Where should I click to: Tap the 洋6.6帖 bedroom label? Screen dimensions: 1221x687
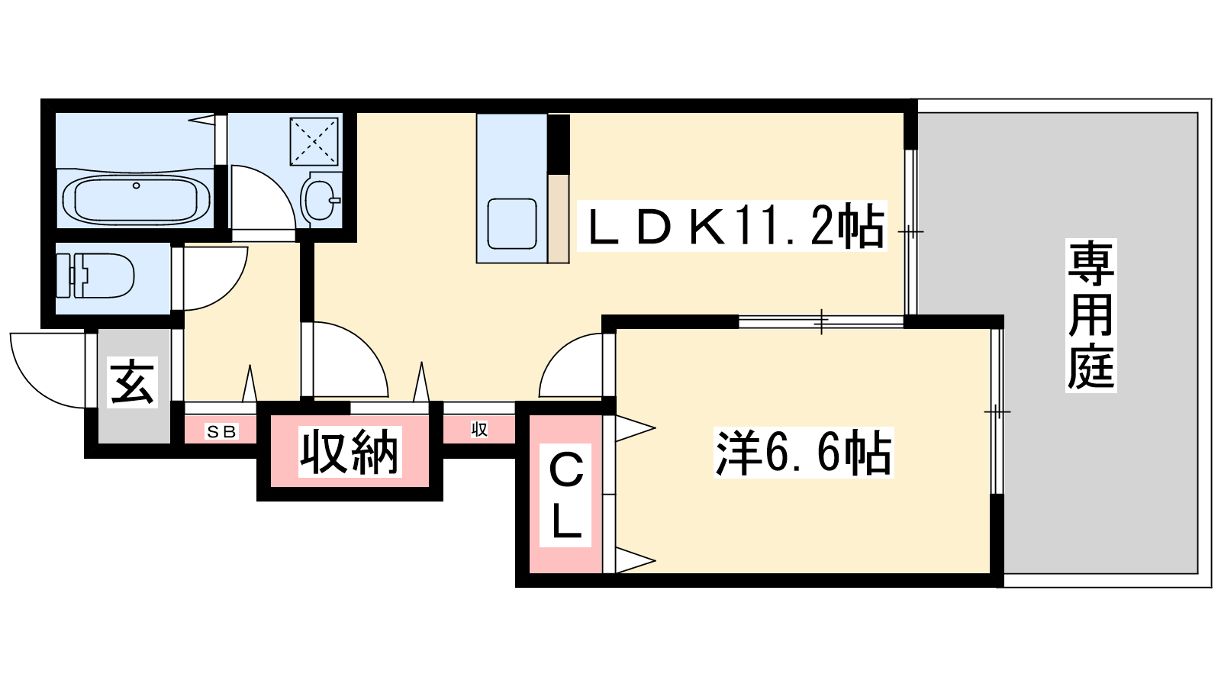pyautogui.click(x=804, y=453)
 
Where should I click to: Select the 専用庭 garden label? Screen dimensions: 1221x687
pyautogui.click(x=1091, y=316)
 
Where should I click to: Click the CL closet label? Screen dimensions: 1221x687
pyautogui.click(x=565, y=495)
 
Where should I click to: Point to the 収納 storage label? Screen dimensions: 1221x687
pyautogui.click(x=350, y=451)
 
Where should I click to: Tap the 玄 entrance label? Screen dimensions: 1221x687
pyautogui.click(x=132, y=382)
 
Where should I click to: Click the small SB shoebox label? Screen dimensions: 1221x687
pyautogui.click(x=221, y=432)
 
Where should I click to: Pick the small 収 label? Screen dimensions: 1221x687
pyautogui.click(x=478, y=430)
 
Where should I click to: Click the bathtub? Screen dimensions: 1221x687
pyautogui.click(x=137, y=198)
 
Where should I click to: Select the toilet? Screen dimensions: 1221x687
pyautogui.click(x=96, y=276)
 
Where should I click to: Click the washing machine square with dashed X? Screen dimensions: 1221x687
pyautogui.click(x=314, y=141)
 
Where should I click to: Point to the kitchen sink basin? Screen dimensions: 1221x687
pyautogui.click(x=512, y=224)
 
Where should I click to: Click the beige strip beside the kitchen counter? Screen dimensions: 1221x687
pyautogui.click(x=558, y=218)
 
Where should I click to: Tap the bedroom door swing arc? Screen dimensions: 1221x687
pyautogui.click(x=558, y=353)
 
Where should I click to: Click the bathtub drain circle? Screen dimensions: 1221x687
pyautogui.click(x=137, y=186)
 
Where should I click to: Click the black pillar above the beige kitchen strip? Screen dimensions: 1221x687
pyautogui.click(x=559, y=144)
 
